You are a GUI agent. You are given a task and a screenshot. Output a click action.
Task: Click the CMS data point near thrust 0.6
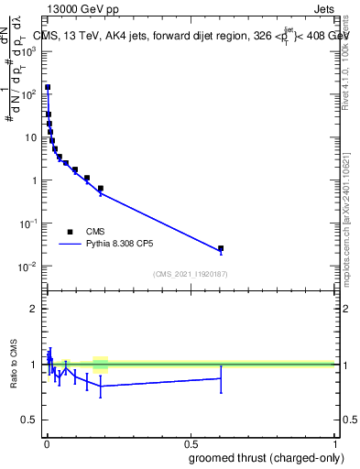pyautogui.click(x=221, y=248)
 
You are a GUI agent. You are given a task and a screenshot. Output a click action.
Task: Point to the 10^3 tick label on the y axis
pyautogui.click(x=29, y=51)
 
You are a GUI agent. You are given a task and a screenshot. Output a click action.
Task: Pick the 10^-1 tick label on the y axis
pyautogui.click(x=29, y=224)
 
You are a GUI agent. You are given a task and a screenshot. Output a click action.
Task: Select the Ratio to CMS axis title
pyautogui.click(x=15, y=364)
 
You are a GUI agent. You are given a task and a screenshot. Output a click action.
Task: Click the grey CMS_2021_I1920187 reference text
pyautogui.click(x=190, y=274)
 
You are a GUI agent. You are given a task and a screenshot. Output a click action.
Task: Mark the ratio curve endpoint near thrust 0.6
pyautogui.click(x=221, y=377)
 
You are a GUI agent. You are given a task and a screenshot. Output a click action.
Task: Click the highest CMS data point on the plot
pyautogui.click(x=48, y=88)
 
